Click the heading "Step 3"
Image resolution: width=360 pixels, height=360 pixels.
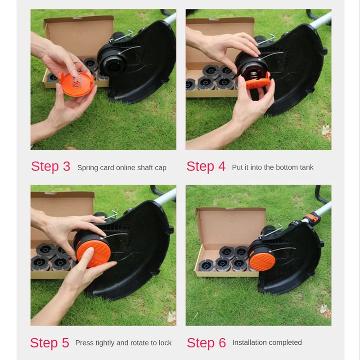point(50,166)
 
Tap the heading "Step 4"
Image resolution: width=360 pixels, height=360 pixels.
point(206,166)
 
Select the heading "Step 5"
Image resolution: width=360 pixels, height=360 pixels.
point(49,343)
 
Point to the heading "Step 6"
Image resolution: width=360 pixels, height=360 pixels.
point(206,343)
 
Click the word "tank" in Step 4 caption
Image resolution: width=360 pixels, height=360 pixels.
point(306,167)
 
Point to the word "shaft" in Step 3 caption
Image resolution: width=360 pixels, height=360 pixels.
point(143,168)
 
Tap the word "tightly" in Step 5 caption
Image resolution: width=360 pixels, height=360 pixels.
point(104,343)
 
